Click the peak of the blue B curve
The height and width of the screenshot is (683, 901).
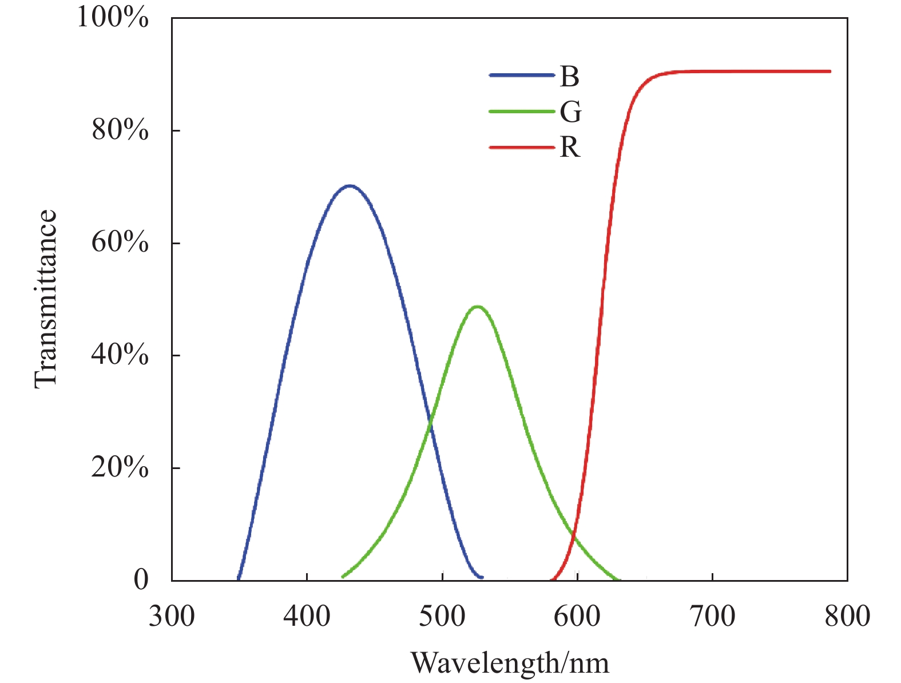[x=349, y=186]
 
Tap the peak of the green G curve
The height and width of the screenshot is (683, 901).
[x=477, y=307]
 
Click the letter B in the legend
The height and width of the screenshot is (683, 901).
[x=569, y=77]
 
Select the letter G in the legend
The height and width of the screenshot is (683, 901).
[x=570, y=112]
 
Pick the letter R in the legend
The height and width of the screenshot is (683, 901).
[x=570, y=148]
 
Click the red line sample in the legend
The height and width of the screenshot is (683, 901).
[x=522, y=148]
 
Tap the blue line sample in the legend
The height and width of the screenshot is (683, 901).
[x=522, y=76]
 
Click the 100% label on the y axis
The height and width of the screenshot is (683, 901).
[x=112, y=18]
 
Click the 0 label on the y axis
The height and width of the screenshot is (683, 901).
[x=141, y=580]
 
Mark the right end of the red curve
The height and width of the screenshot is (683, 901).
[x=829, y=72]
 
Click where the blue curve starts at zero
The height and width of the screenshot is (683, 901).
[x=238, y=579]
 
